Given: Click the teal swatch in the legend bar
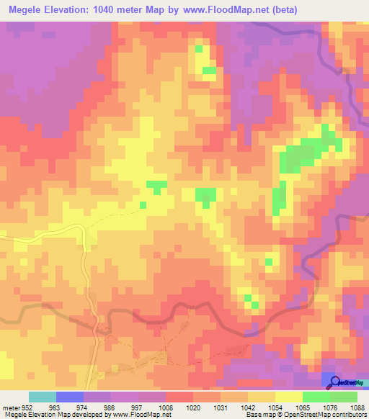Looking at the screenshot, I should click(43, 397).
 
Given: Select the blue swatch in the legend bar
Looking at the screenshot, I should click(70, 397).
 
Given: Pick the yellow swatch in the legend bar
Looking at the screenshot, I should click(289, 397).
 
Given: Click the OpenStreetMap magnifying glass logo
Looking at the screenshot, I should click(336, 382).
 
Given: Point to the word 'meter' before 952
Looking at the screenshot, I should click(9, 407).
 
